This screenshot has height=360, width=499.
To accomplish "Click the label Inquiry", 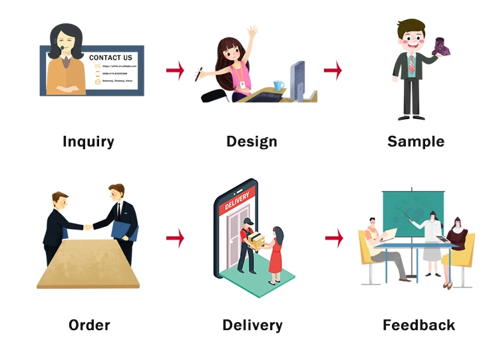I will coord(88,141).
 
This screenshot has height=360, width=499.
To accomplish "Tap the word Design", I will coord(251,141).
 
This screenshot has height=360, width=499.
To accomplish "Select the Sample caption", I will coord(416,141).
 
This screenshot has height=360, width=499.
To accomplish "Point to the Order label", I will coord(89,325).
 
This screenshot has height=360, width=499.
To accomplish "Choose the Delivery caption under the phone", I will coord(252,325).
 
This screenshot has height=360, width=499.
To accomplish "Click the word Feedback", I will coord(418,325).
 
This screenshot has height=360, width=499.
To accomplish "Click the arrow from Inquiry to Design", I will coord(175,71).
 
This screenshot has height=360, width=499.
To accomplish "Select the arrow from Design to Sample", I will coord(333,70).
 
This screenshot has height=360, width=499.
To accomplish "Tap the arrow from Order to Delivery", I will coord(175,237).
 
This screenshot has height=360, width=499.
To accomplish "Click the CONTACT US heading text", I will coord(110,58).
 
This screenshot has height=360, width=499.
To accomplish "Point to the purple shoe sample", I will coord(442,47).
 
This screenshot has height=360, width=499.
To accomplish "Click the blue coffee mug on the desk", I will coord(278,87).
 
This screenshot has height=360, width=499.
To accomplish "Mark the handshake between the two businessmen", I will coord(88,227).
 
